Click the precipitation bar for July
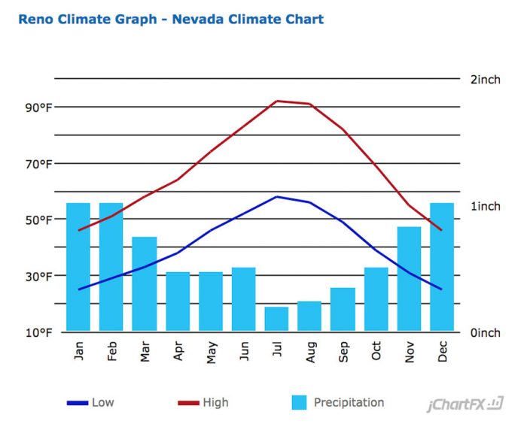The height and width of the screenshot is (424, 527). (276, 319)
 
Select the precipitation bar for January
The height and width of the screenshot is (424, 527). (78, 267)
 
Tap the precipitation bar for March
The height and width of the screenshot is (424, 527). (145, 283)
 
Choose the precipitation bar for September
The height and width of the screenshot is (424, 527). (343, 309)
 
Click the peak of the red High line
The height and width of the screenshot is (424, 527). (277, 101)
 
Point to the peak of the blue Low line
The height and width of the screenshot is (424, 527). (277, 197)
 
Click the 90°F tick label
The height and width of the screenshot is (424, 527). (35, 108)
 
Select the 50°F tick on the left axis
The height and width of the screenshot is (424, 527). (35, 220)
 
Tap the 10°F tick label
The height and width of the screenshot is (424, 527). (35, 332)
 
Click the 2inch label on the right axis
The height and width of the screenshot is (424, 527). (484, 80)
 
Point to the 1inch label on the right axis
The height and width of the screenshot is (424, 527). (484, 206)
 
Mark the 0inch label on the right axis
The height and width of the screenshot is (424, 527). (484, 332)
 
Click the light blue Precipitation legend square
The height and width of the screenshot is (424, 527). (299, 402)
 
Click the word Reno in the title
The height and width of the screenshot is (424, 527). (37, 19)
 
